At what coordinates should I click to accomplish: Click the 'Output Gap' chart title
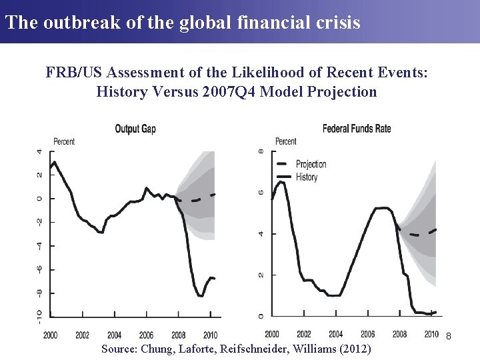coord(135,129)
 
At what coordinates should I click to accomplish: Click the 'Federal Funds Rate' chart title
coord(357,128)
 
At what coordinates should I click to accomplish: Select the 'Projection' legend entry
coord(311,164)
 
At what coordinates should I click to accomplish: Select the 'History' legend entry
coord(306,177)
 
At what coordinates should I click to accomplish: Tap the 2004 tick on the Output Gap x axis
coord(114,335)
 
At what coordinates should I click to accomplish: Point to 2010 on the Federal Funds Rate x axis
coord(431,334)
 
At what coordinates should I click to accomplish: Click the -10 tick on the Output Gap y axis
coord(39,316)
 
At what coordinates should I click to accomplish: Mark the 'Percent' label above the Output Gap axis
coord(64,141)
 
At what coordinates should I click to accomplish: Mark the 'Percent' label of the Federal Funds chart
coord(285,141)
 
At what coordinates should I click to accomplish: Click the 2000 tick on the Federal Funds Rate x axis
coord(272,334)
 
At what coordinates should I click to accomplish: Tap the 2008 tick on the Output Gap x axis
coord(178,335)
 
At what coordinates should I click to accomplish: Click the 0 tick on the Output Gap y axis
coord(39,198)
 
